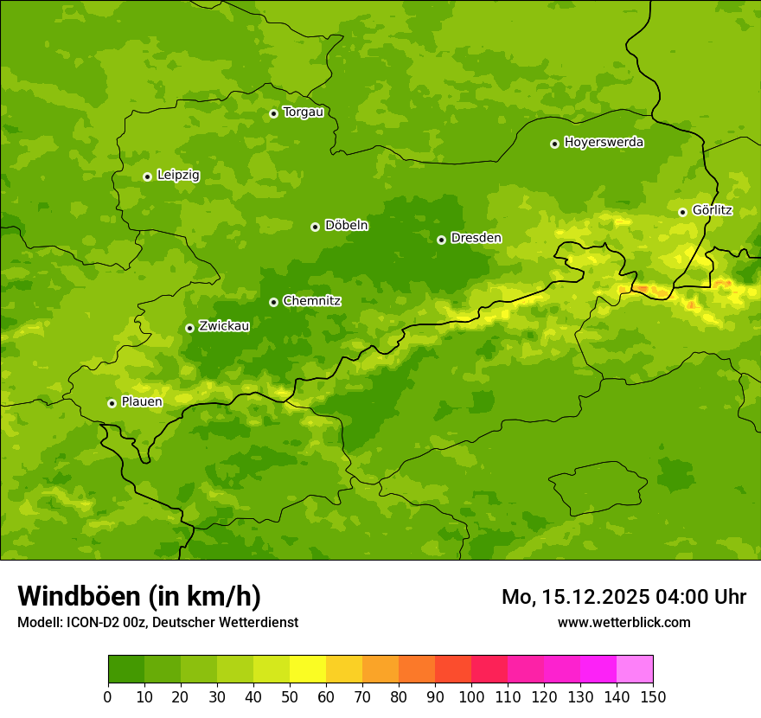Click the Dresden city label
point(476,238)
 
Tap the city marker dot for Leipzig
point(147,176)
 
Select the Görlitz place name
point(712,210)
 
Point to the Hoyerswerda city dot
point(554,144)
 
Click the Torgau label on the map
point(303,112)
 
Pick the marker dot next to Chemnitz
point(273,302)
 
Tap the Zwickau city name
point(224,326)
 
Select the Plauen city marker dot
point(112,403)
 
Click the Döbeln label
point(346,225)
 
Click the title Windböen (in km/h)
point(138,596)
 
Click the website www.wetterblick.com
point(624,622)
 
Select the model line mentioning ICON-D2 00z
point(157,622)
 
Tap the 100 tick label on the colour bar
point(471,696)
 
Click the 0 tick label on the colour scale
point(108,696)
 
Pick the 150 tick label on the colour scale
point(653,696)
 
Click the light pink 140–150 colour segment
point(635,670)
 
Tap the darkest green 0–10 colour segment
point(126,670)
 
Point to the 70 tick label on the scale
point(362,696)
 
